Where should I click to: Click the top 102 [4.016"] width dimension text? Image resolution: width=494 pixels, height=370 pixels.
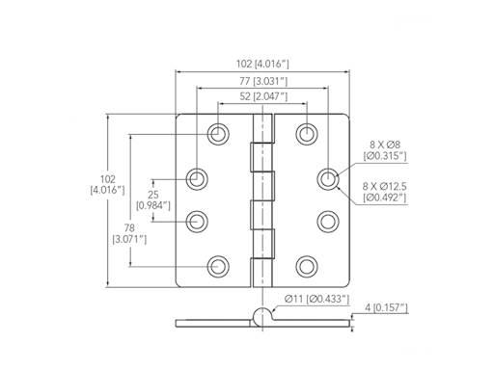(x=261, y=64)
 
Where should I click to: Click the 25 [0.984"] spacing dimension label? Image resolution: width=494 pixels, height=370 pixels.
(x=152, y=198)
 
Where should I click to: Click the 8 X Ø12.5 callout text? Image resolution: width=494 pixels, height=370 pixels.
(x=384, y=191)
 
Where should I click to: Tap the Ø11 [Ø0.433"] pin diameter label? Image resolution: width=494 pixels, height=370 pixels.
(x=316, y=301)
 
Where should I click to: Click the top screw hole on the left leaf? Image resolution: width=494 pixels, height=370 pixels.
(x=219, y=133)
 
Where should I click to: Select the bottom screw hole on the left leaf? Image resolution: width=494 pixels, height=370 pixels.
(x=219, y=265)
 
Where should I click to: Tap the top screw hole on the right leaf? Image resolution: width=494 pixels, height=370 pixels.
(x=307, y=133)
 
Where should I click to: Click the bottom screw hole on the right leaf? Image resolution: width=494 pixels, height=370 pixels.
(x=307, y=265)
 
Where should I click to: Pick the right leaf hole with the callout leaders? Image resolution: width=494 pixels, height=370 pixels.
(x=328, y=177)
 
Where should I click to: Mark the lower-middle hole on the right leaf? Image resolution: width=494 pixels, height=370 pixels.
(x=328, y=221)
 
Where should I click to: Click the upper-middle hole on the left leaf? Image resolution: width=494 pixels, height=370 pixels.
(x=198, y=177)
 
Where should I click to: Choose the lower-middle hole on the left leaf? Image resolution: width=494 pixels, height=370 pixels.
(x=198, y=221)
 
